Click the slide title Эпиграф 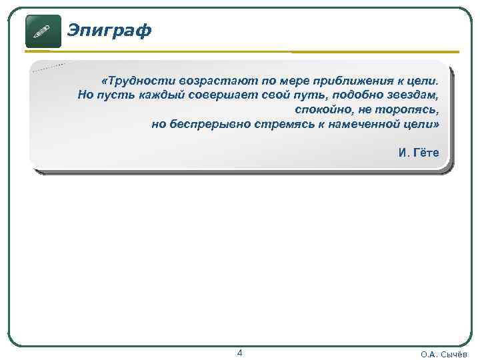(x=110, y=30)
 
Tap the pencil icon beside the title (x=43, y=31)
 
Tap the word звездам (x=414, y=95)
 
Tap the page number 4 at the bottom (x=240, y=353)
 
